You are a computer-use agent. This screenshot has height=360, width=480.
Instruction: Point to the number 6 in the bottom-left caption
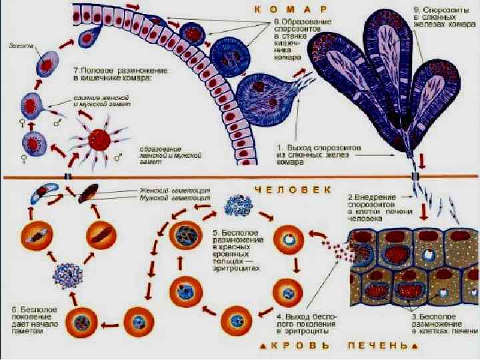15,310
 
